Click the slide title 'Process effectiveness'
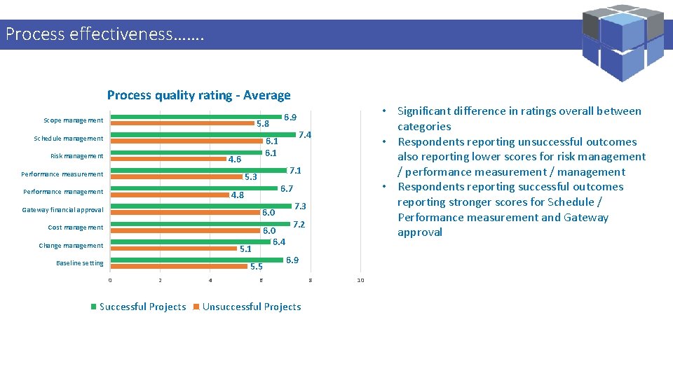pos(104,34)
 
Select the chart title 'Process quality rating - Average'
pos(198,95)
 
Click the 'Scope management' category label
pos(73,120)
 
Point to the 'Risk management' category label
pos(76,156)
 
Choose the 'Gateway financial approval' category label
pos(62,210)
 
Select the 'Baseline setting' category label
pos(79,263)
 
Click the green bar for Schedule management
pos(203,134)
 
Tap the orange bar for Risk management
pos(168,158)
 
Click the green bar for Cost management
pos(200,224)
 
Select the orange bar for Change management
pos(174,248)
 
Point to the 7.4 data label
pos(305,135)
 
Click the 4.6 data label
pos(235,160)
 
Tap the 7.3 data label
pos(300,206)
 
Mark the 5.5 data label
pos(256,267)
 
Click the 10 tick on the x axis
pos(360,281)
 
